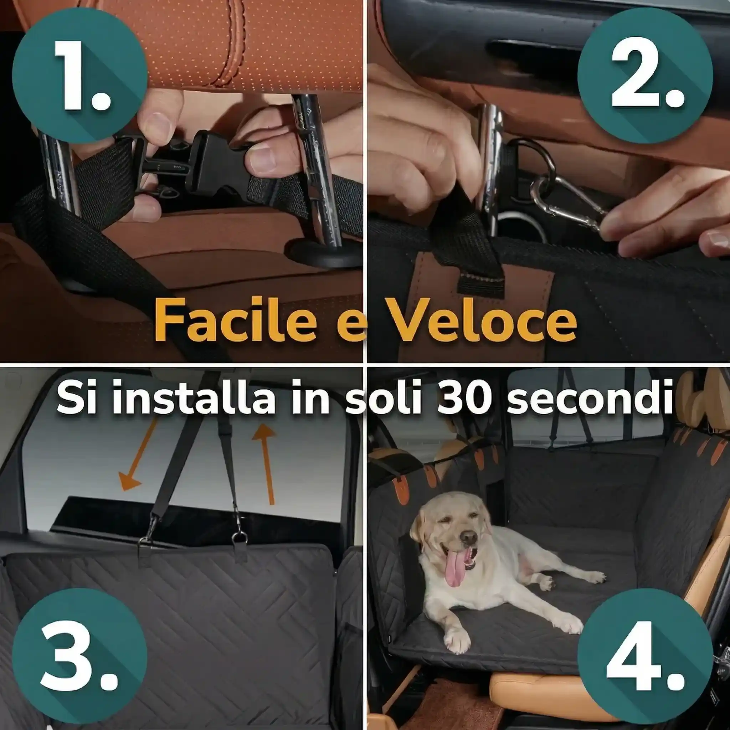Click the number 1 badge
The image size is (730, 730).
(79, 76)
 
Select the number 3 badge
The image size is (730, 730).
(79, 656)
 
